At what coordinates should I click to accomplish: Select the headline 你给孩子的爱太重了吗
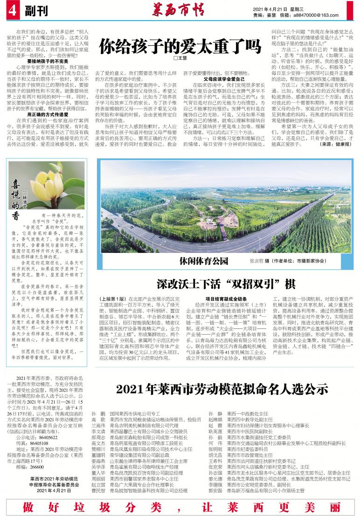(180, 46)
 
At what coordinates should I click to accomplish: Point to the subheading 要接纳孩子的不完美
(48, 61)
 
